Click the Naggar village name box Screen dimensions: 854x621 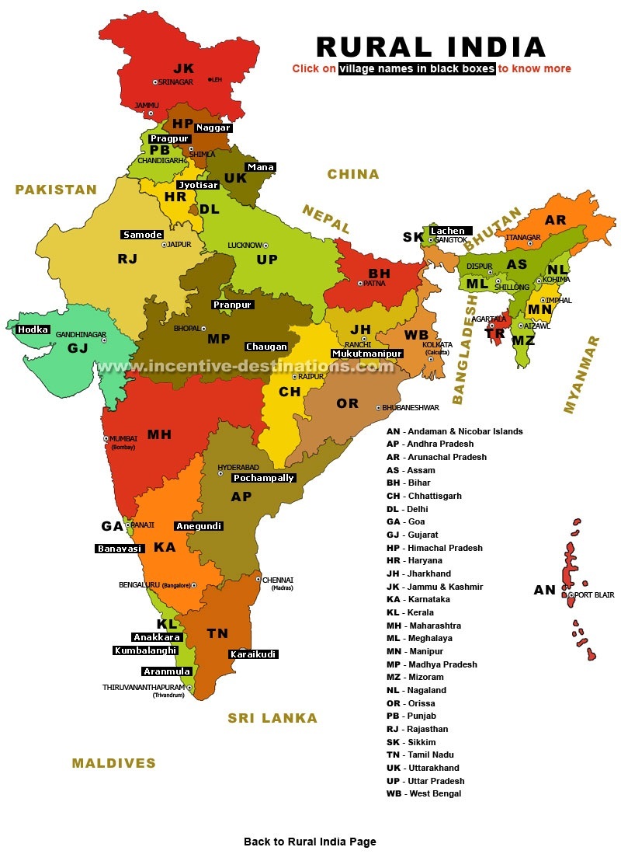[213, 127]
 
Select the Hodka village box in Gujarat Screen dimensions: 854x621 [33, 329]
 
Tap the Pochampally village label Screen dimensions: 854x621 [264, 478]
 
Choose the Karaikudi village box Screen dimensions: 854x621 [253, 654]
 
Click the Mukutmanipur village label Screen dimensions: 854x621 [367, 354]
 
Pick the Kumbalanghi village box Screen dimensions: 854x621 [145, 650]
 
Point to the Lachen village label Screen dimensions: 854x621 [448, 231]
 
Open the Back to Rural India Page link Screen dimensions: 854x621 [310, 842]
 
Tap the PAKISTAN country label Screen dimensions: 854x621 [56, 190]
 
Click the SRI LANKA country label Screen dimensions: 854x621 [272, 718]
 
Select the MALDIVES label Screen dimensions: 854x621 [114, 763]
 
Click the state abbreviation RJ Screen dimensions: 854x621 [127, 259]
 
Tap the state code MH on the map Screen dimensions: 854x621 [159, 434]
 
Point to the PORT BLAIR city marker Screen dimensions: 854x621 [571, 595]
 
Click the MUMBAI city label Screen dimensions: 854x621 [123, 438]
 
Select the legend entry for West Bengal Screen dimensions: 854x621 [424, 793]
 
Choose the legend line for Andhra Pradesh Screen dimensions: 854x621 [430, 444]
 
